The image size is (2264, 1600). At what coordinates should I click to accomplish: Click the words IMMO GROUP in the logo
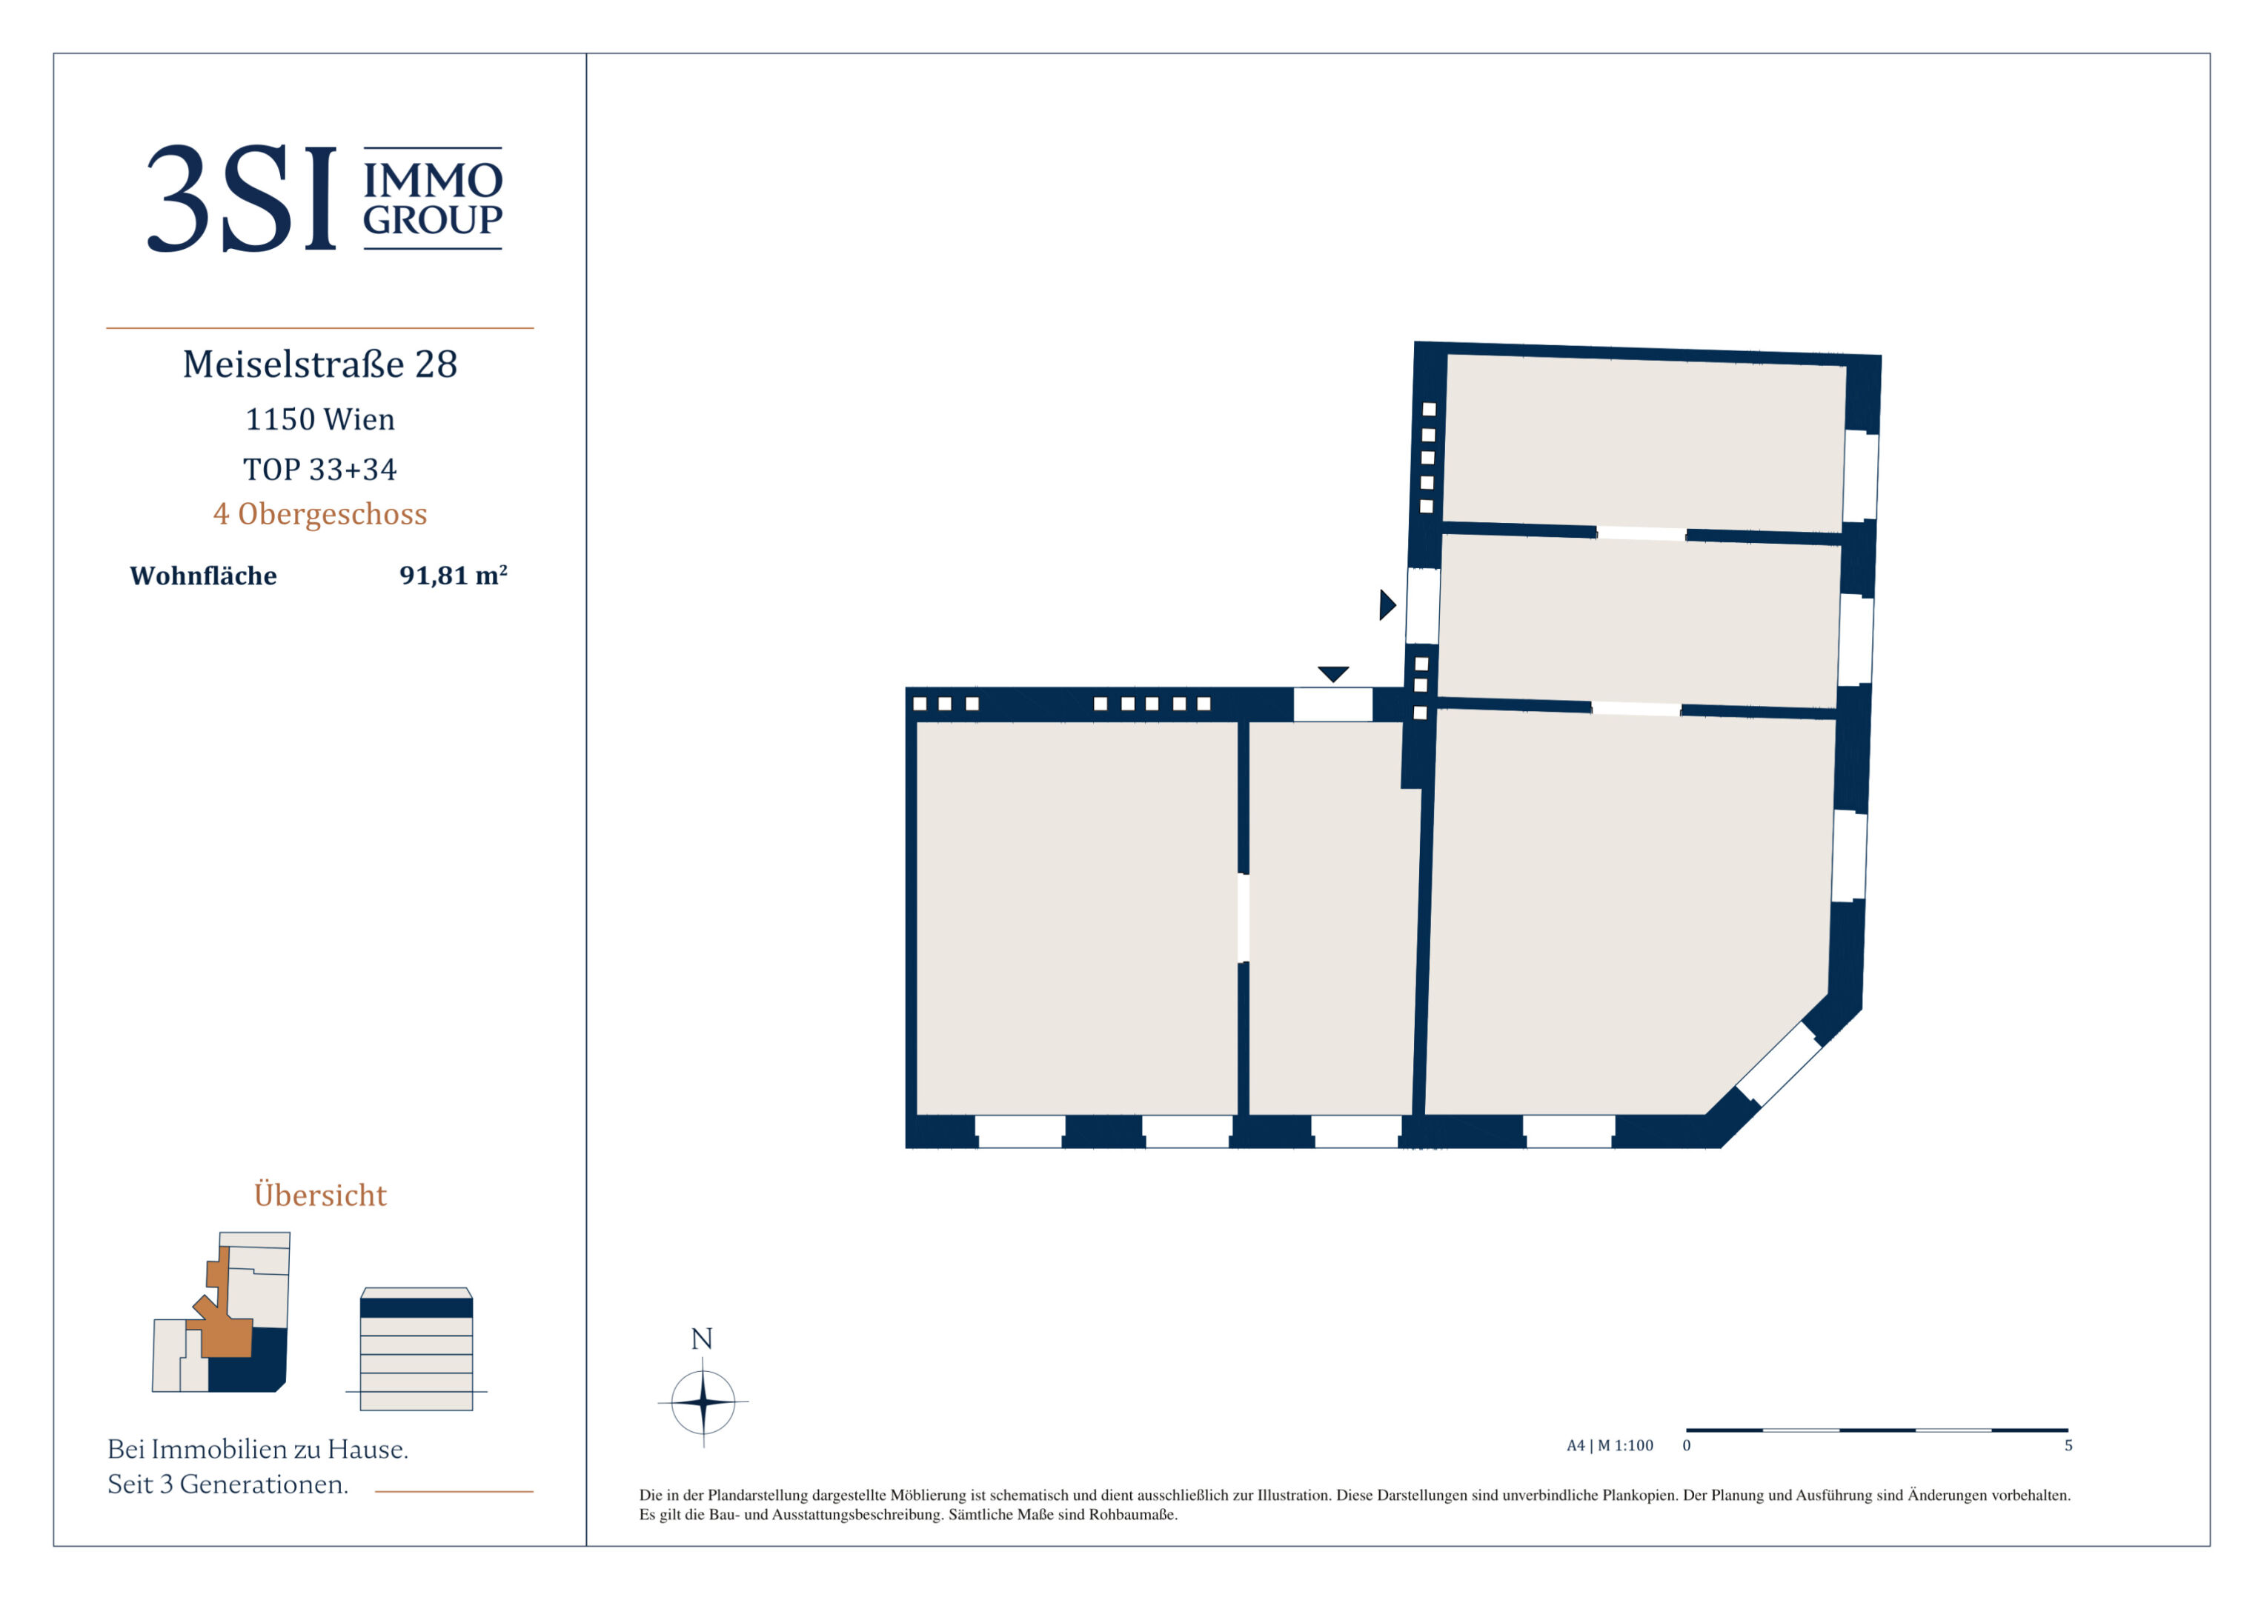(433, 199)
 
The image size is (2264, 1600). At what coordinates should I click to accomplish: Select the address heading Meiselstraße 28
(320, 364)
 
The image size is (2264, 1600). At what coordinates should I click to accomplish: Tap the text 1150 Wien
(320, 419)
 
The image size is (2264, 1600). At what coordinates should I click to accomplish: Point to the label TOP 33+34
(320, 469)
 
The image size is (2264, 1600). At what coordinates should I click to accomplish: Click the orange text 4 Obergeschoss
(320, 515)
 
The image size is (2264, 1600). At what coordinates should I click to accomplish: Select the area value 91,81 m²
(454, 575)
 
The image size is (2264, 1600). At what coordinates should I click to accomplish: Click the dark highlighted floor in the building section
(416, 1308)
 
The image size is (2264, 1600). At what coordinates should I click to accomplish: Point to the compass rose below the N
(703, 1401)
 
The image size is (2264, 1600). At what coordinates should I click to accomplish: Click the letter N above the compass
(702, 1339)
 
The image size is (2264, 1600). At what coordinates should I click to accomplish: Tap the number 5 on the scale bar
(2069, 1445)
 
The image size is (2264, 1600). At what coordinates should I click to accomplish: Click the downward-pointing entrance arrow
(1333, 674)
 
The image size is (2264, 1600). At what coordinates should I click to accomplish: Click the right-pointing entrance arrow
(1387, 604)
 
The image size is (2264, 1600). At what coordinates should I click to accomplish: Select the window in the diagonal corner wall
(1778, 1064)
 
